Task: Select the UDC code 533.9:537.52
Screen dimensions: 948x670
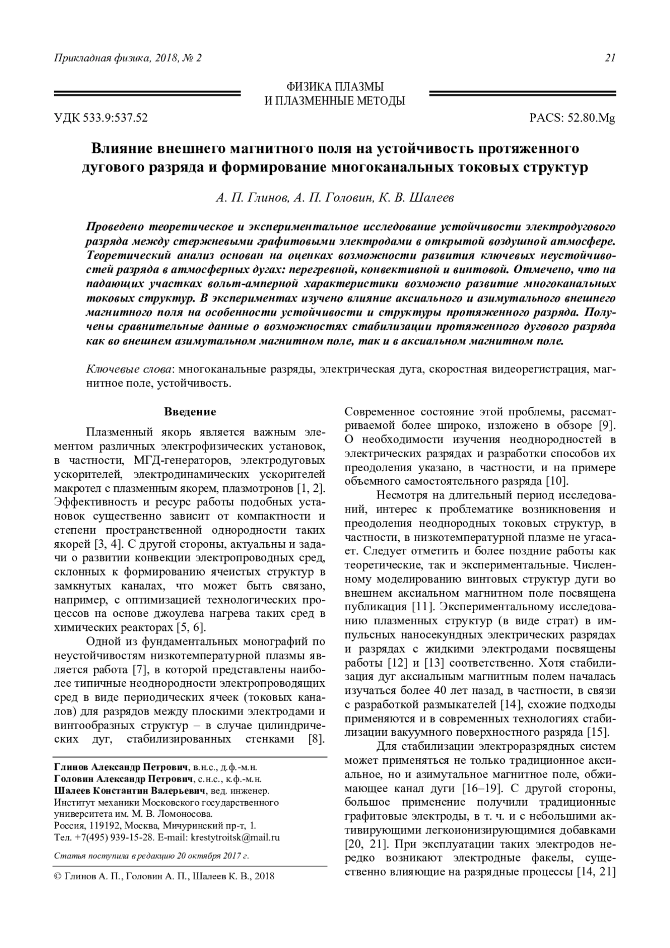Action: pos(117,118)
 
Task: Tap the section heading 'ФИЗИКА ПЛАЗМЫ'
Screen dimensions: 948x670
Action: pos(335,87)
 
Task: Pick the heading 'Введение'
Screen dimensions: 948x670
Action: pos(189,412)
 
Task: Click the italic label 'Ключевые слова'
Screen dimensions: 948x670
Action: pos(130,370)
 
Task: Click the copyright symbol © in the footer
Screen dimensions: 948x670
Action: pos(58,877)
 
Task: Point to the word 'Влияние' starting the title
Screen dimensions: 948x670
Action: pos(119,149)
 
